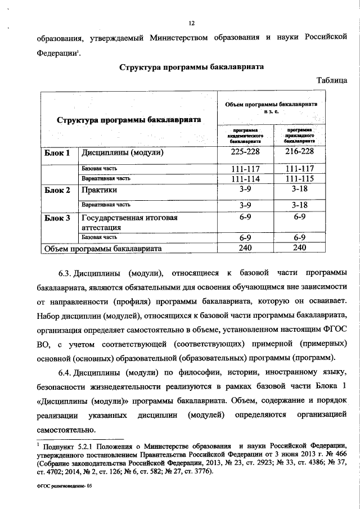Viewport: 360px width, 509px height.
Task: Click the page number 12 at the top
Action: [191, 23]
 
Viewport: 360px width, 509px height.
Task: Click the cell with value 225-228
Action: [245, 153]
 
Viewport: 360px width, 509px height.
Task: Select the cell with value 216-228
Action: [299, 153]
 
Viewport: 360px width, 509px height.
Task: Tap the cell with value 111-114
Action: [245, 178]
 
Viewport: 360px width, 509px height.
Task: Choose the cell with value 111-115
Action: [299, 178]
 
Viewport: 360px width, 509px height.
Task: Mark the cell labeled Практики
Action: [99, 190]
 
